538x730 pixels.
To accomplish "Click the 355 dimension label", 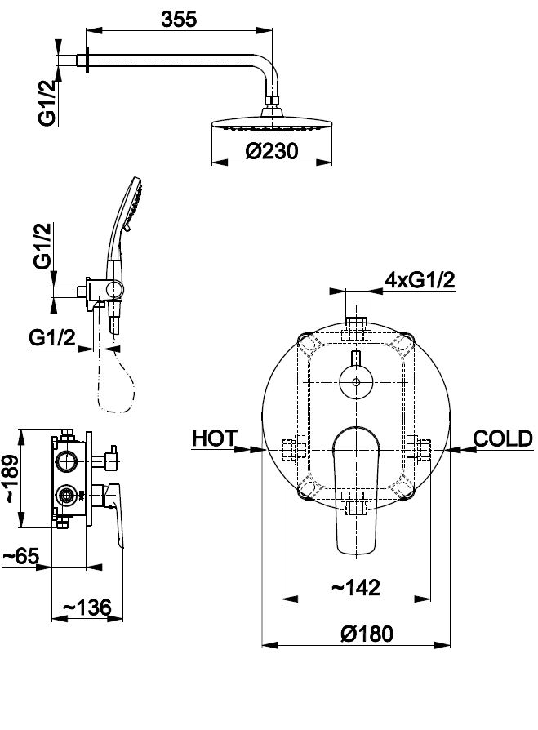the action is [x=179, y=20].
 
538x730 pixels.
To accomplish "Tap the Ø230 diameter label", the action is [x=272, y=151].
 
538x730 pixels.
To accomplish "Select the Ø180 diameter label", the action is [x=367, y=634].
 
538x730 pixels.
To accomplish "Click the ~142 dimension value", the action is [x=356, y=588].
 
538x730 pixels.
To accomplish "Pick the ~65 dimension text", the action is [x=21, y=556].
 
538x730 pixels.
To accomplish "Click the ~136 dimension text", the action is [x=87, y=608].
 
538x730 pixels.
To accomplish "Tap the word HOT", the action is [x=215, y=438].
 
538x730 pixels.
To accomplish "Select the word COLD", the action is [x=503, y=438].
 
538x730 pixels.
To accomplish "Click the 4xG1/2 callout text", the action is [x=420, y=280].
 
